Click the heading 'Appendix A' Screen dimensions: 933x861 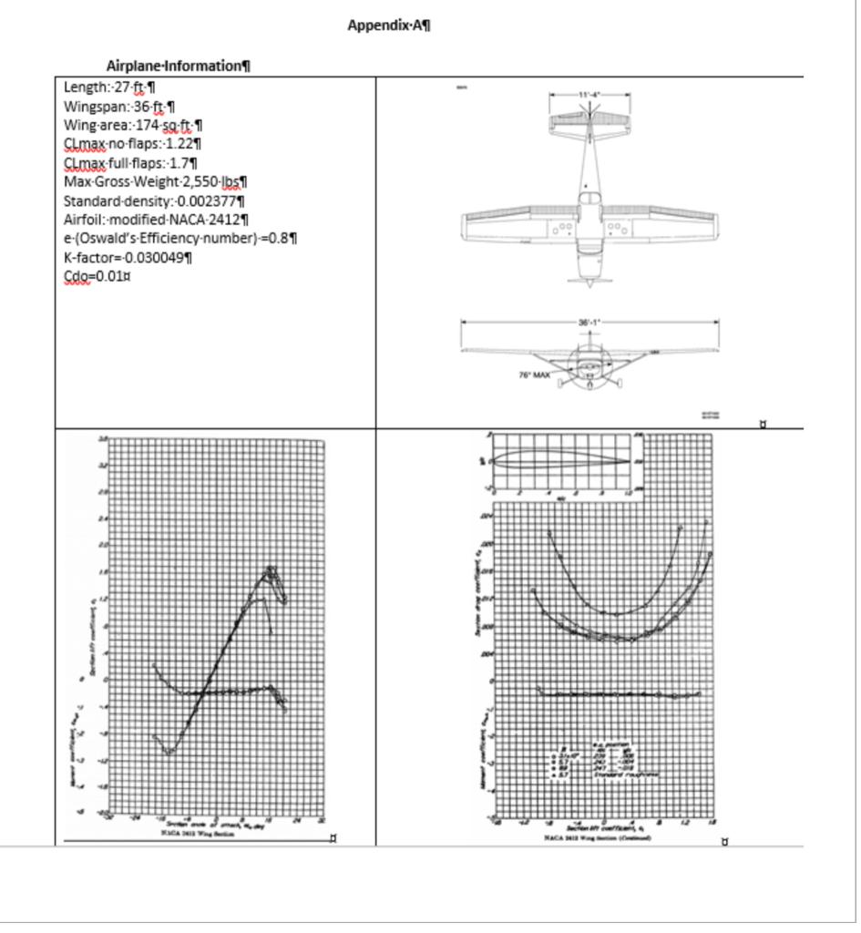(389, 26)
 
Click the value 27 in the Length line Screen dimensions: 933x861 (121, 87)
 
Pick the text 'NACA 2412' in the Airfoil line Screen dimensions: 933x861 (210, 220)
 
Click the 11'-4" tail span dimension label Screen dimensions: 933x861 (589, 95)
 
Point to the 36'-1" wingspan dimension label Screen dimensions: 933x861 (589, 323)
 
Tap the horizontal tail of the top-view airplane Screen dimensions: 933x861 (589, 119)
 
